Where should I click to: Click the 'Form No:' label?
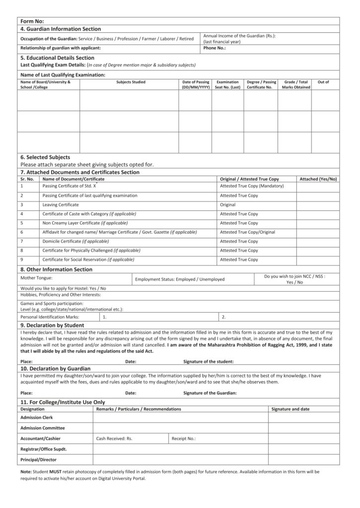32,21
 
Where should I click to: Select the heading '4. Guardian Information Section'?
61,29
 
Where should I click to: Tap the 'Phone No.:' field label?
215,48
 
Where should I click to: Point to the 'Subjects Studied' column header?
131,82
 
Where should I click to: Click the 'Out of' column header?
323,82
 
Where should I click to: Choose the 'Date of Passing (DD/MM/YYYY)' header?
196,84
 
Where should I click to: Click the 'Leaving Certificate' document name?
61,204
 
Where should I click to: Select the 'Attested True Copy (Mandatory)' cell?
252,186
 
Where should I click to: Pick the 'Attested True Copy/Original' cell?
247,232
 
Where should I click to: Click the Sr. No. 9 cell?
22,259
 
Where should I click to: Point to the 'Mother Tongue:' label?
36,278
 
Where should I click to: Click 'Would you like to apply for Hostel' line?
63,288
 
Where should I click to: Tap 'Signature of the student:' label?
209,362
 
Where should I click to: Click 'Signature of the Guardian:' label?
210,393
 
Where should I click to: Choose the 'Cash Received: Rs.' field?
114,439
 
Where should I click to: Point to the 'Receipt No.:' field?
184,439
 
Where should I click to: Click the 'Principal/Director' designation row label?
39,459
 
